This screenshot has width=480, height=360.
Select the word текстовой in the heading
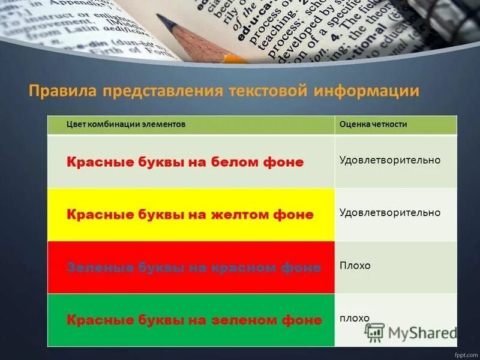[268, 92]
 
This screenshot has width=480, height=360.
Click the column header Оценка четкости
[373, 124]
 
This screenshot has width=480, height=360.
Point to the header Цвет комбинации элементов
[125, 124]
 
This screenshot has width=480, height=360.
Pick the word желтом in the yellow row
[236, 215]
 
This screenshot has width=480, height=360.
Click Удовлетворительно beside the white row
[389, 160]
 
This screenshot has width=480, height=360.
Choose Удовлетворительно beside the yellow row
[389, 212]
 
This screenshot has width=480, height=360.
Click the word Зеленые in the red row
[96, 268]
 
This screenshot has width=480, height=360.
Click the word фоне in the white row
[283, 163]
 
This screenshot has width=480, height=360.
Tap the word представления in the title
[162, 92]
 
